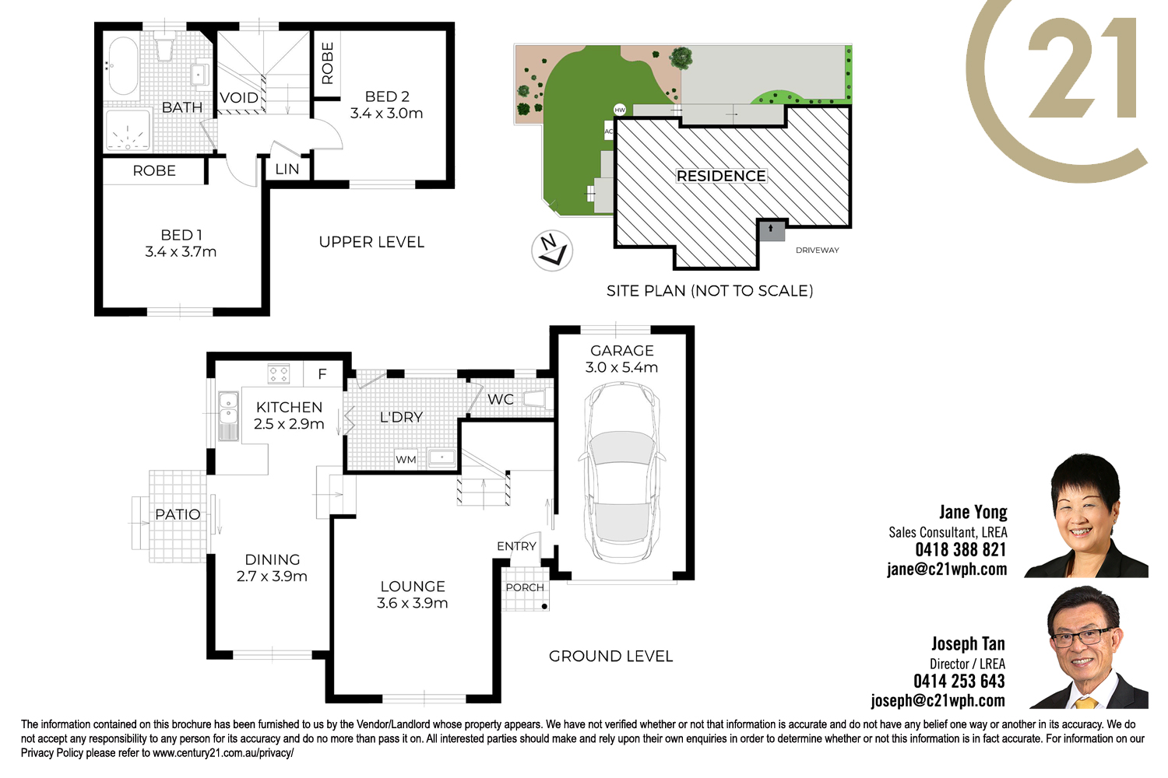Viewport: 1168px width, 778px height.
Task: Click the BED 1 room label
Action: coord(181,235)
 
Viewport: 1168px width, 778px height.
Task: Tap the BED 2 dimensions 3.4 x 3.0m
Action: coord(386,113)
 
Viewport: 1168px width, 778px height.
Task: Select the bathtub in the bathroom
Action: coord(123,65)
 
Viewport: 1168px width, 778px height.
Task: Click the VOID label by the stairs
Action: coord(239,97)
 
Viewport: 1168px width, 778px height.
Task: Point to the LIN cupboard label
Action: coord(287,170)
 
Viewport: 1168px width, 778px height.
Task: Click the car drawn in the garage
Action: coord(621,473)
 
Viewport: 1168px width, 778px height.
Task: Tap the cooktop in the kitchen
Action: coord(279,373)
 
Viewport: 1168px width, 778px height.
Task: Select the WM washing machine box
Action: coord(406,459)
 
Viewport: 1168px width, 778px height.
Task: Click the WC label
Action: coord(501,400)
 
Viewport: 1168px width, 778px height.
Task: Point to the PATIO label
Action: coord(178,514)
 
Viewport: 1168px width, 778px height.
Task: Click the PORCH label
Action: coord(525,587)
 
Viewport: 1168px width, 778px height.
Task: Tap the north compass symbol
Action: coord(552,251)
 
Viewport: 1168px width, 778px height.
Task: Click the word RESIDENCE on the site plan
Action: coord(721,176)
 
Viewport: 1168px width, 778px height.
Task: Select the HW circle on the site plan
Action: coord(620,110)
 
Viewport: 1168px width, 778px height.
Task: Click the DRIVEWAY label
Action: coord(817,251)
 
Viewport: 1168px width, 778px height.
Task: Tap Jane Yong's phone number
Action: coord(960,549)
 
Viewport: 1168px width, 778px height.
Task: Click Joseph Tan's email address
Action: coord(938,700)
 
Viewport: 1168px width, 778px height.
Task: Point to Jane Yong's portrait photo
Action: coord(1085,516)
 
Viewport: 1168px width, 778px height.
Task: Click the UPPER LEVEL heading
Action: coord(371,242)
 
